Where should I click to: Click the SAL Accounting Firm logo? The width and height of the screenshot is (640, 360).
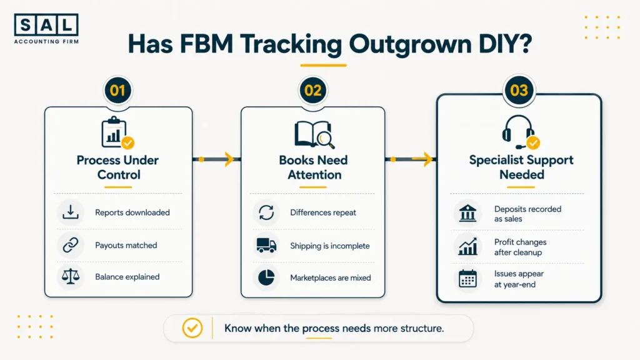pyautogui.click(x=46, y=29)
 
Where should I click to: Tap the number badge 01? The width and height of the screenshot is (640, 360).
pyautogui.click(x=118, y=90)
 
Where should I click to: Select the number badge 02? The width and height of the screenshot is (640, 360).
pyautogui.click(x=313, y=90)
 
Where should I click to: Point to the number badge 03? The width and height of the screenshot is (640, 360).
pyautogui.click(x=519, y=90)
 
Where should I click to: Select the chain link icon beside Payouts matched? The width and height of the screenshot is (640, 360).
pyautogui.click(x=71, y=245)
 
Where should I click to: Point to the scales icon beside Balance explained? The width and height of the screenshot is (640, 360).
pyautogui.click(x=71, y=277)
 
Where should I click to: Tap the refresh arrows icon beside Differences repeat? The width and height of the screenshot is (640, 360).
pyautogui.click(x=266, y=212)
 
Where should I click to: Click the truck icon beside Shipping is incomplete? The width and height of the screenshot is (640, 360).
pyautogui.click(x=266, y=245)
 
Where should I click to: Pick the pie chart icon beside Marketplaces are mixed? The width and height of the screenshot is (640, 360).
pyautogui.click(x=266, y=277)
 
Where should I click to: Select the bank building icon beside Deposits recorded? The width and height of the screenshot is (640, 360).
pyautogui.click(x=467, y=213)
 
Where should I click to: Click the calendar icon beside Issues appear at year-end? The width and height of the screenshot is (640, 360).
pyautogui.click(x=467, y=279)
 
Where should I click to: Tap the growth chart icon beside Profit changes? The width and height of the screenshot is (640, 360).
pyautogui.click(x=467, y=246)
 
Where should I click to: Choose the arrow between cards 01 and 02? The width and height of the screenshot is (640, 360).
pyautogui.click(x=216, y=159)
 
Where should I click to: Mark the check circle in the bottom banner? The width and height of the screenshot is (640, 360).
pyautogui.click(x=192, y=327)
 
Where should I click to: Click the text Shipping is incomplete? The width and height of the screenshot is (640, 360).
pyautogui.click(x=330, y=246)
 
